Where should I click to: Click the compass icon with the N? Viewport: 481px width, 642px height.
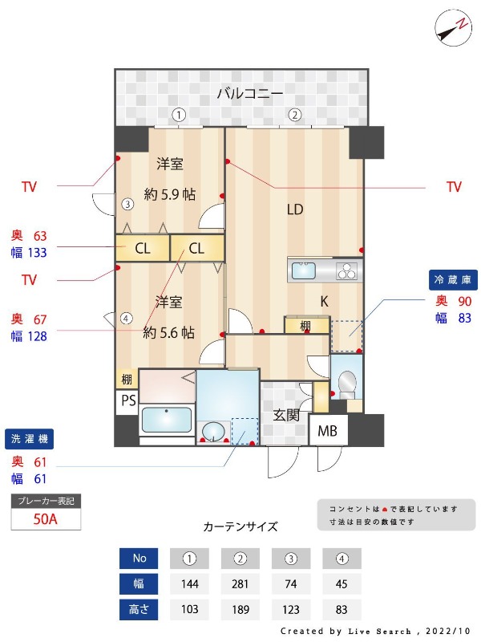(x=452, y=29)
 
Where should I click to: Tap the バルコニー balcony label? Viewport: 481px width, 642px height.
(x=250, y=94)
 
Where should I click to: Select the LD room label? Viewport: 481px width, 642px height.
(x=295, y=210)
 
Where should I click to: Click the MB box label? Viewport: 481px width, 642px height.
(x=328, y=431)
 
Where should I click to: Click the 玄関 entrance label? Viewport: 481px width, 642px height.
(x=286, y=415)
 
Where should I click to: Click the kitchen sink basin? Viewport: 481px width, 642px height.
(x=305, y=270)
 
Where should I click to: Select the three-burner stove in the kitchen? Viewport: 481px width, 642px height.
(x=347, y=270)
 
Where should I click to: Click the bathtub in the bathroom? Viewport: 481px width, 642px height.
(x=167, y=421)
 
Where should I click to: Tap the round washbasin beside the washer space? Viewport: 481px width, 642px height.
(x=212, y=432)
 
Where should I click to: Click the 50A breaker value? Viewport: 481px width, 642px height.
(x=46, y=518)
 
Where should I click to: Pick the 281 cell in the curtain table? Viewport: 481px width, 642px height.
(x=240, y=583)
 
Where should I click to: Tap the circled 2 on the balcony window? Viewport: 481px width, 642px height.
(x=295, y=114)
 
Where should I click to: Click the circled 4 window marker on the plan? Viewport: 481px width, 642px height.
(x=126, y=318)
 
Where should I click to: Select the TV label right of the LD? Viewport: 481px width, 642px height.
(x=454, y=187)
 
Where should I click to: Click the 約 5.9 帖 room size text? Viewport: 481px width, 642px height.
(x=170, y=194)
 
